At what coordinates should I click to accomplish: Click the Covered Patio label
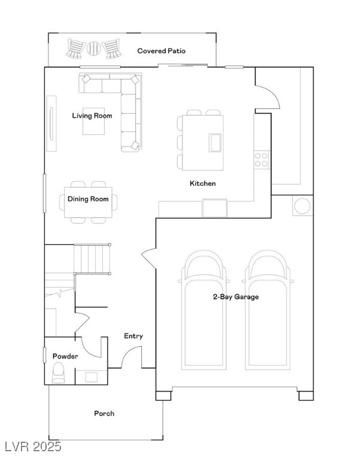click(x=161, y=51)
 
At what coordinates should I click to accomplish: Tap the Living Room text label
click(x=92, y=115)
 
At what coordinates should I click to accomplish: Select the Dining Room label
click(x=88, y=199)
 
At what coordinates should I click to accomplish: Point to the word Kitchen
click(x=203, y=183)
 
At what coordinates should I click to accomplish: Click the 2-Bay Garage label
click(x=236, y=296)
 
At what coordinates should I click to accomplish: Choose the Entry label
click(x=133, y=336)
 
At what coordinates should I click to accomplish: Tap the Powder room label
click(x=65, y=356)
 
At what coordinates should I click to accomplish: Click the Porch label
click(x=104, y=414)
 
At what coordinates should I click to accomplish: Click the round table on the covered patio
click(x=94, y=48)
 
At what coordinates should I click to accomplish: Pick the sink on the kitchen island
click(x=215, y=143)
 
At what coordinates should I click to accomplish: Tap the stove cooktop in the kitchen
click(x=261, y=159)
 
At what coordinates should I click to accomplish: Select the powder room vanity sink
click(x=91, y=377)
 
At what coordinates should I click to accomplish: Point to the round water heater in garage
click(x=302, y=206)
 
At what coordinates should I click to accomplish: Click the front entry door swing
click(x=130, y=357)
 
